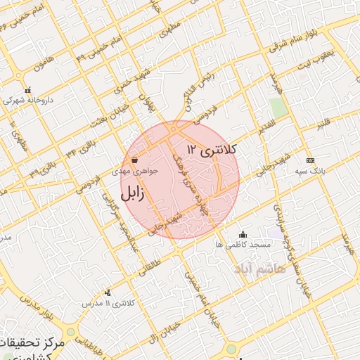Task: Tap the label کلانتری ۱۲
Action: (214, 149)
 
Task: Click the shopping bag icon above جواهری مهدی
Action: (134, 159)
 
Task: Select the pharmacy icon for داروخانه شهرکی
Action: (27, 91)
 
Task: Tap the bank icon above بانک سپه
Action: (310, 160)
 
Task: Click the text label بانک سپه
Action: (310, 172)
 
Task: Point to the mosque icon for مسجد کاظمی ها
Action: (243, 234)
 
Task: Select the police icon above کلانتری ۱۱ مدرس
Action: (108, 292)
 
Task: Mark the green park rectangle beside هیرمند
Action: (278, 108)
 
